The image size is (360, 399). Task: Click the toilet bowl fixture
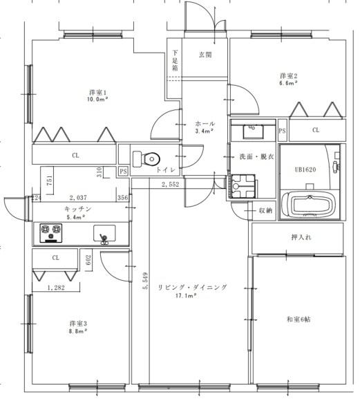(x=146, y=159)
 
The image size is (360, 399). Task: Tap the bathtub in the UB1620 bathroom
(x=310, y=205)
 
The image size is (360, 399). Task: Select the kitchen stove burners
(x=51, y=233)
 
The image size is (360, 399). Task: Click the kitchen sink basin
(x=104, y=233)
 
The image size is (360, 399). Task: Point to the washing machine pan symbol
(x=243, y=186)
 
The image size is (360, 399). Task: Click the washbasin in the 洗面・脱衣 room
(x=253, y=131)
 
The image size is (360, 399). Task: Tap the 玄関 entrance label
(x=205, y=55)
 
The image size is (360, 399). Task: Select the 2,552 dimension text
(x=171, y=184)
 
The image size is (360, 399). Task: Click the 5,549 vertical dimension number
(x=145, y=281)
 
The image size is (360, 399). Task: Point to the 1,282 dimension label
(x=56, y=288)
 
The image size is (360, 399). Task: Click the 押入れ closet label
(x=301, y=237)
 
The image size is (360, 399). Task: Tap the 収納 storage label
(x=265, y=210)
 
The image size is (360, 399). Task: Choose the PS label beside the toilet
(x=123, y=171)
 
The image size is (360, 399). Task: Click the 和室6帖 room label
(x=299, y=319)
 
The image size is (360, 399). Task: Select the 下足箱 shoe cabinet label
(x=175, y=61)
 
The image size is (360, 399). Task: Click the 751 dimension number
(x=50, y=180)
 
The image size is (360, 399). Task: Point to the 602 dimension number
(x=88, y=260)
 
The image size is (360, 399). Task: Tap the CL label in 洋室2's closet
(x=316, y=130)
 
